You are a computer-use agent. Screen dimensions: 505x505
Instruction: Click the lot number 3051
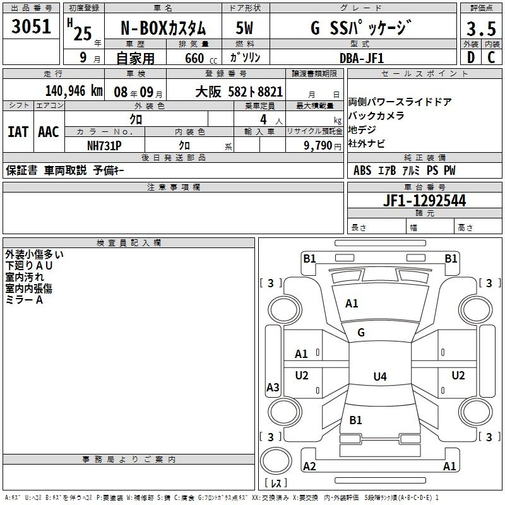coord(31,27)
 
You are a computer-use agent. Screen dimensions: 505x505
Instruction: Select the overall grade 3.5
coord(481,28)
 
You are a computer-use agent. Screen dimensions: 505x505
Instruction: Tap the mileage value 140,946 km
coord(74,91)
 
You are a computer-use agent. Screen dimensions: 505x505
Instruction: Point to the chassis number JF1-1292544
coord(424,201)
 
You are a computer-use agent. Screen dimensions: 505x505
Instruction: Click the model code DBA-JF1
coord(362,58)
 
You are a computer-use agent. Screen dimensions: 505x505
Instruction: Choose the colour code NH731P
coord(104,146)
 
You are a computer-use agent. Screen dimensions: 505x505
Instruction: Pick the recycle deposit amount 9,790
coord(318,145)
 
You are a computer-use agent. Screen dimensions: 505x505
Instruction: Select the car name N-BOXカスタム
coord(163,28)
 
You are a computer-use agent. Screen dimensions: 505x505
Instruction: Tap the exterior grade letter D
coord(471,57)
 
